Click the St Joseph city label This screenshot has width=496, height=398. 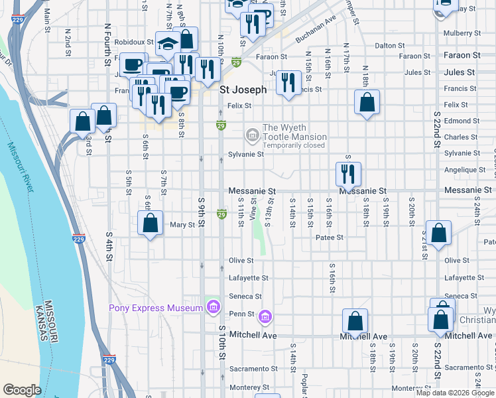[x=243, y=90]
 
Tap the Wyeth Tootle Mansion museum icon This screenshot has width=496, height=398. [x=252, y=135]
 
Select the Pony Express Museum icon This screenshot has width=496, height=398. [x=213, y=307]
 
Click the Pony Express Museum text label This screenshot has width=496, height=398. [x=156, y=308]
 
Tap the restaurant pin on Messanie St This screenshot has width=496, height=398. [x=348, y=174]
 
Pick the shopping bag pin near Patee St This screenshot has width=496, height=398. [x=438, y=233]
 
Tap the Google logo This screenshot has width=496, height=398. [x=22, y=390]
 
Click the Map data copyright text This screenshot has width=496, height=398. [x=456, y=393]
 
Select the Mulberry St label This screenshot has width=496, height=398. [x=463, y=33]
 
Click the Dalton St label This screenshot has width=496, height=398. [x=389, y=46]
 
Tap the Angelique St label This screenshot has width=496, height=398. [x=462, y=170]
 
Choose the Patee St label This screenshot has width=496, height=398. [x=329, y=237]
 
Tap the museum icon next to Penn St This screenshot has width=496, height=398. [x=265, y=318]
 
